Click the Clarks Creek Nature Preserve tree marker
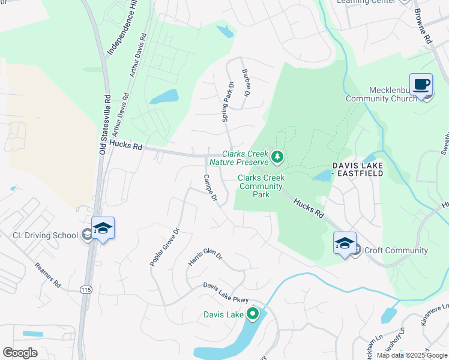pos(277,157)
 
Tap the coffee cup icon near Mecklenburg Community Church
pos(421,85)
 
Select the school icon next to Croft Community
pos(345,243)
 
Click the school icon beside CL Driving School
pos(103,228)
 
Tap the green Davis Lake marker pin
pos(253,313)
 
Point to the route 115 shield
pos(86,289)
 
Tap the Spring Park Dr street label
pos(228,102)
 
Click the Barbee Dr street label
pos(246,83)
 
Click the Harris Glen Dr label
pos(205,255)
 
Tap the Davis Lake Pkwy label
pos(225,292)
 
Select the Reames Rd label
pos(47,274)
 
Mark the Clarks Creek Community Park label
pos(260,186)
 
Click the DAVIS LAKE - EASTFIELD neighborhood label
pos(361,169)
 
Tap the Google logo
pos(20,353)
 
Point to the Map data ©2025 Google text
pos(411,355)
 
